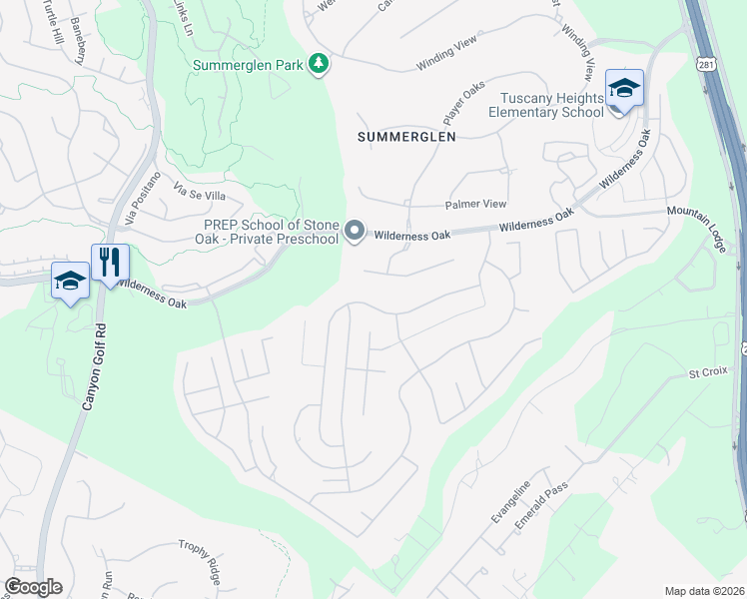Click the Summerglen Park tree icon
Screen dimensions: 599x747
coord(319,65)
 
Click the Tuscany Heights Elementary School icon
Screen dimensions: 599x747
coord(624,90)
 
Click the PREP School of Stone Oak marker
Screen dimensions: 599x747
coord(355,233)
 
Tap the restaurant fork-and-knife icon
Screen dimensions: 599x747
coord(110,264)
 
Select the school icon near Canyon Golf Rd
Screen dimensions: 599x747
coord(71,283)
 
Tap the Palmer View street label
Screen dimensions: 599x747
coord(475,204)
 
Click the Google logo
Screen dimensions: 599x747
coord(33,587)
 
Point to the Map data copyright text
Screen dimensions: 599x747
coord(704,591)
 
